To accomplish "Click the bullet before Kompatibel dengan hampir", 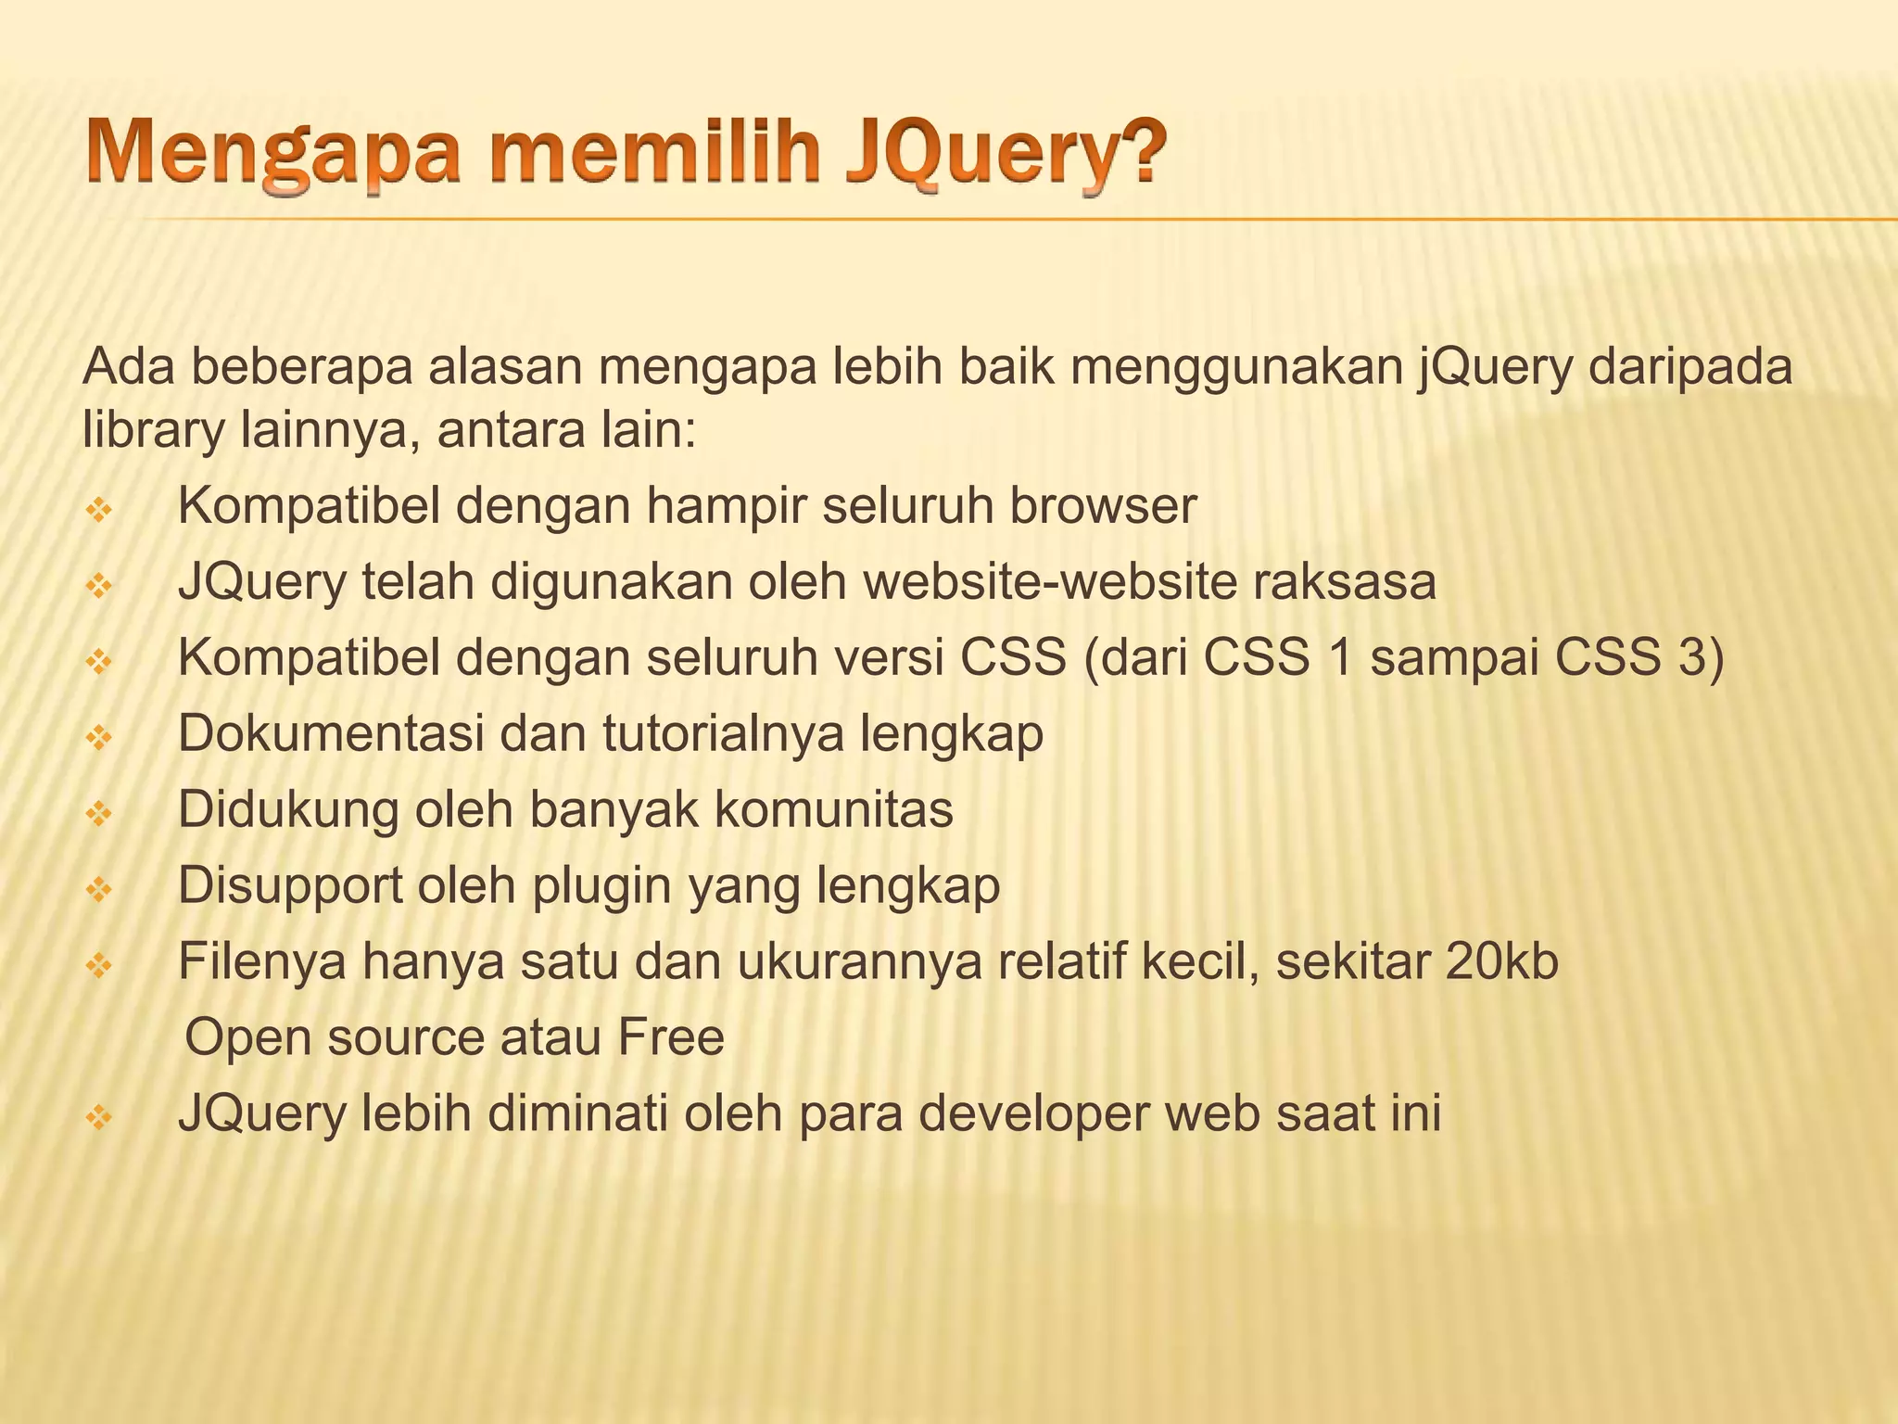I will click(98, 509).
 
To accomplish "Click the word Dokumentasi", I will click(331, 733).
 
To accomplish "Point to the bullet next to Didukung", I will click(98, 813).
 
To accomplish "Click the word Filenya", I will click(261, 961).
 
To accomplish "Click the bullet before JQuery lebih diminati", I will click(98, 1117).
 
